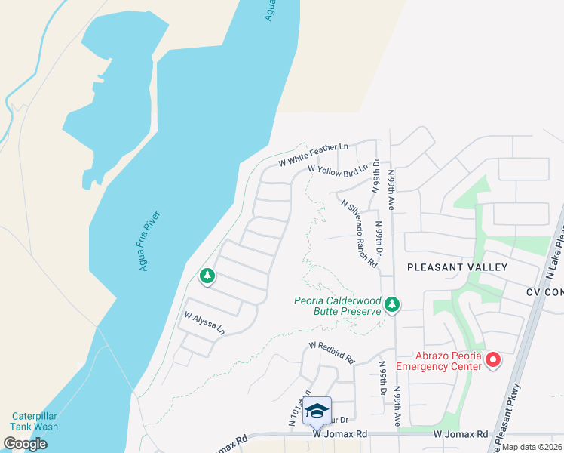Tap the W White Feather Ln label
click(x=313, y=153)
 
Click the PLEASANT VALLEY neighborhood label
click(x=458, y=267)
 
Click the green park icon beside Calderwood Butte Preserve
click(x=391, y=304)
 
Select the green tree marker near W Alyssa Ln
click(x=207, y=277)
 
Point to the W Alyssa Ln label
click(x=204, y=324)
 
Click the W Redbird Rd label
click(x=331, y=352)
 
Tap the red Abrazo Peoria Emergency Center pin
click(x=493, y=360)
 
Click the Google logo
click(x=25, y=444)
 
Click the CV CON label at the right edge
click(x=545, y=291)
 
